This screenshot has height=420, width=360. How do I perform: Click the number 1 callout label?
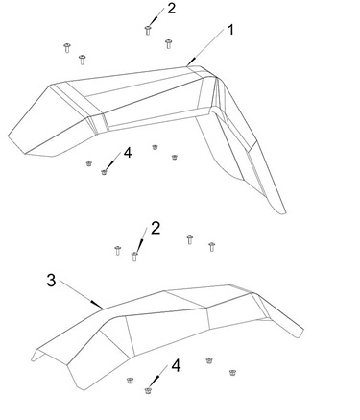pyautogui.click(x=231, y=30)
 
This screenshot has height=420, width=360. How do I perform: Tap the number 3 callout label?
pyautogui.click(x=51, y=281)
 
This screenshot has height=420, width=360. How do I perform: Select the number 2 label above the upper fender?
pyautogui.click(x=172, y=9)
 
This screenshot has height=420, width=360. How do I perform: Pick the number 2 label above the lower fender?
pyautogui.click(x=156, y=228)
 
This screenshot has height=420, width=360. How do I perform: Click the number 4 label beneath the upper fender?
pyautogui.click(x=128, y=153)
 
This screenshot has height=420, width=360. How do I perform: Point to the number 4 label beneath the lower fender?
pyautogui.click(x=176, y=365)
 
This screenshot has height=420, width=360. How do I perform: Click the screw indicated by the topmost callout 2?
pyautogui.click(x=148, y=30)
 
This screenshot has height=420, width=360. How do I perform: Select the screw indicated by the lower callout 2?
pyautogui.click(x=134, y=257)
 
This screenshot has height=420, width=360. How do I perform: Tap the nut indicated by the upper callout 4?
pyautogui.click(x=104, y=172)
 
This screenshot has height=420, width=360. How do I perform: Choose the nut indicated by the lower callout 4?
pyautogui.click(x=148, y=390)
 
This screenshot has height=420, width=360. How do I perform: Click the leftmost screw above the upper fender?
pyautogui.click(x=67, y=48)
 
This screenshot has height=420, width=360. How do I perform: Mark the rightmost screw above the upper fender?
pyautogui.click(x=169, y=43)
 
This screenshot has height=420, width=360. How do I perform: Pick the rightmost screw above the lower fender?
pyautogui.click(x=211, y=247)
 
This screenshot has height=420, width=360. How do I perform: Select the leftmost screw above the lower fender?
pyautogui.click(x=118, y=250)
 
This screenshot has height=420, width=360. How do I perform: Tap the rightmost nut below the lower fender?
pyautogui.click(x=232, y=372)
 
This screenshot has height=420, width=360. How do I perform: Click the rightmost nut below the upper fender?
pyautogui.click(x=175, y=157)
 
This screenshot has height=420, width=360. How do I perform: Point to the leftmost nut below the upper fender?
pyautogui.click(x=89, y=163)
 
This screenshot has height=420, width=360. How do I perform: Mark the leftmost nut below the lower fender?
pyautogui.click(x=130, y=381)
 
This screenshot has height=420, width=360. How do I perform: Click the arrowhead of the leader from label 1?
pyautogui.click(x=190, y=62)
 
